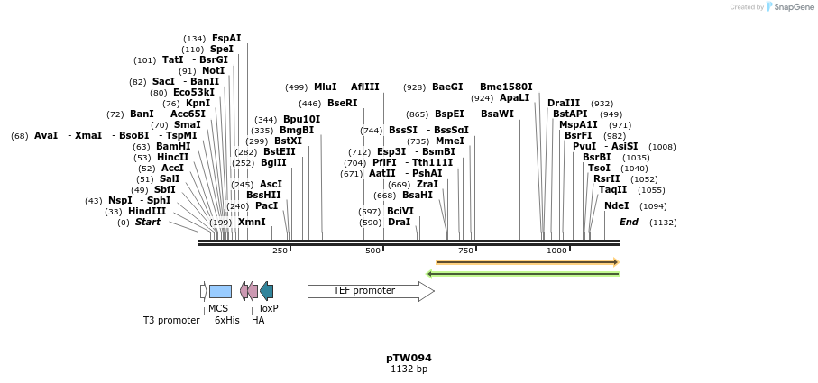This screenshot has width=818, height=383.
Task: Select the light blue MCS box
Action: click(x=220, y=291)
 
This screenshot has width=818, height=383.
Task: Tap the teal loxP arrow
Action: click(x=267, y=291)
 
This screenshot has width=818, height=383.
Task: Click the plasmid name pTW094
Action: click(x=409, y=358)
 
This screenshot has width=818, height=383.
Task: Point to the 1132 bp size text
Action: click(x=409, y=369)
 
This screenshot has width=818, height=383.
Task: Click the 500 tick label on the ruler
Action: click(x=372, y=251)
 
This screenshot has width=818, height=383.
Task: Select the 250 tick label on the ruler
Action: click(x=280, y=251)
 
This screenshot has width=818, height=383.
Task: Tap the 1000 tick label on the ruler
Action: click(x=556, y=251)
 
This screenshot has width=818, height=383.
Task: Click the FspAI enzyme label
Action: click(x=226, y=39)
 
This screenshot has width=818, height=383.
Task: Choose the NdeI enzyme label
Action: click(x=617, y=206)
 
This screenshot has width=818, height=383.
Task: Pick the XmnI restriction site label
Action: click(x=252, y=223)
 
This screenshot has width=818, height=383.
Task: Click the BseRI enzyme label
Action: click(x=342, y=104)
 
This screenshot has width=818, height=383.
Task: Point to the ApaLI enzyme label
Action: click(x=514, y=98)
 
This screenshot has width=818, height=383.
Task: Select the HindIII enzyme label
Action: click(x=147, y=212)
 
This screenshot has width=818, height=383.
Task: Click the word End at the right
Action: click(x=629, y=223)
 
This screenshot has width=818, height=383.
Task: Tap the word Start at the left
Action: click(x=148, y=223)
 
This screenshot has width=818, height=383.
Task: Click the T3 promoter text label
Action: click(x=171, y=320)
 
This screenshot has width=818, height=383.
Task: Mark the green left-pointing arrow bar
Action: click(x=523, y=274)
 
